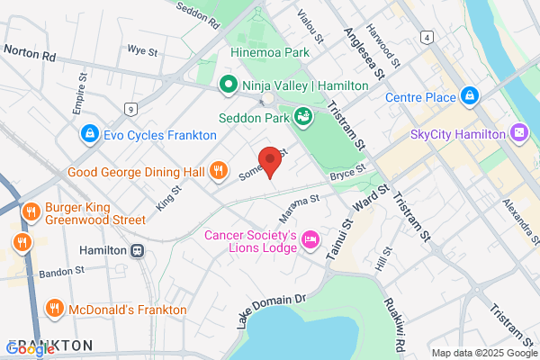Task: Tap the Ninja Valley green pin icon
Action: tap(229, 85)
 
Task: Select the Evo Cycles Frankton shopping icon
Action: tap(89, 135)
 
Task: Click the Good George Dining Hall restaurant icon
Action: tap(218, 171)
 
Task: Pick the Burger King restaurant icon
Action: tap(31, 211)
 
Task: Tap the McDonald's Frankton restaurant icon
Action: tap(54, 309)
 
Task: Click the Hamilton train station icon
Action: tap(138, 251)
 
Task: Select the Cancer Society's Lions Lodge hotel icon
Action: tap(310, 238)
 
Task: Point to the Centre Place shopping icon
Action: tap(469, 96)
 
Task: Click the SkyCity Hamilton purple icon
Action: tap(519, 134)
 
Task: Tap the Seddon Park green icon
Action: tap(304, 116)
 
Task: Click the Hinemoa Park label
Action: tap(271, 53)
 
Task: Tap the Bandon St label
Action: tap(60, 270)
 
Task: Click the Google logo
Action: tap(29, 349)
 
